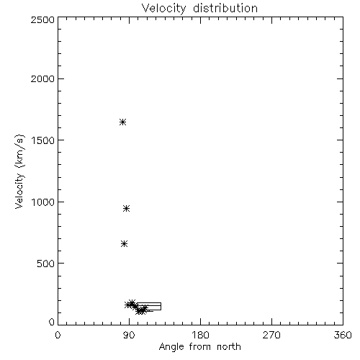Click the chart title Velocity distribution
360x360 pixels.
[199, 8]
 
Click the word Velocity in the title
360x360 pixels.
[163, 8]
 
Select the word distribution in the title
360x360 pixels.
[225, 8]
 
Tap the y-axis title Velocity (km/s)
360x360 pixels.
[19, 171]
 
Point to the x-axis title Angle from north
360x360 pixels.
[200, 347]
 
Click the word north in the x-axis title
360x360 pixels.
[229, 346]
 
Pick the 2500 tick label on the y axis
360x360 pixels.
[42, 19]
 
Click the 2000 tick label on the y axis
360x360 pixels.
[42, 78]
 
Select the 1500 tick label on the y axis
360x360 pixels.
[43, 140]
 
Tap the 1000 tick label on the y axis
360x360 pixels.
[43, 202]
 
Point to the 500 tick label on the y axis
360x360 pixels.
[46, 264]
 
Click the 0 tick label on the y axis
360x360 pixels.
[52, 322]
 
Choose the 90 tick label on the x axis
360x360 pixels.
[129, 335]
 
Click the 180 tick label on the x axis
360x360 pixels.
[200, 335]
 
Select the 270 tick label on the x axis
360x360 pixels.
[271, 335]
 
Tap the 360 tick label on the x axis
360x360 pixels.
[343, 335]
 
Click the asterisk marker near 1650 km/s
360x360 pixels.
[122, 122]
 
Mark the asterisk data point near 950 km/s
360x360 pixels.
[126, 208]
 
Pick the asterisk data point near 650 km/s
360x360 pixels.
[124, 244]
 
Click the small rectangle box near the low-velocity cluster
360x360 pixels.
[149, 303]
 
